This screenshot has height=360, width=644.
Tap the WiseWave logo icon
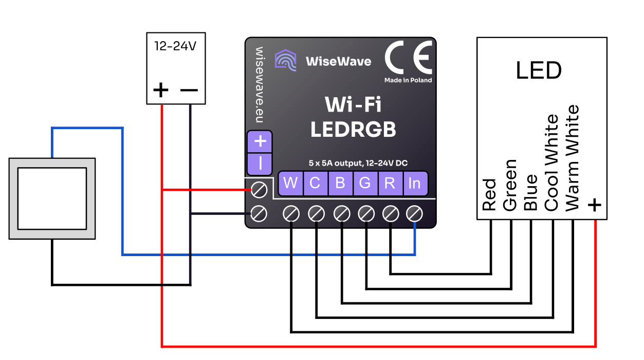click(x=285, y=60)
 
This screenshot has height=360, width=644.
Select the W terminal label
click(x=290, y=183)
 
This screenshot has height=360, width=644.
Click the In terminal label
click(x=415, y=183)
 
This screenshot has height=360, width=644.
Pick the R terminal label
click(x=390, y=183)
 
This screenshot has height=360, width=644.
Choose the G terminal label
click(x=365, y=183)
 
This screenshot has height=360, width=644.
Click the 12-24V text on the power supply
click(x=175, y=46)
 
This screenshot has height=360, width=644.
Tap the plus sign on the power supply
click(x=161, y=91)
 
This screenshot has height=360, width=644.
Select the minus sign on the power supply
click(x=189, y=91)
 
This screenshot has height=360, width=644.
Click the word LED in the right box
click(x=539, y=71)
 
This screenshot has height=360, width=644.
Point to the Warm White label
click(x=572, y=158)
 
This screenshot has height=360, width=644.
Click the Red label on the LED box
click(x=489, y=194)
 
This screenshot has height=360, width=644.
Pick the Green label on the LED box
click(x=510, y=185)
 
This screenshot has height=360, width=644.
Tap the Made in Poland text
click(x=408, y=80)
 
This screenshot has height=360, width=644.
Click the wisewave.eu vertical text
click(x=260, y=85)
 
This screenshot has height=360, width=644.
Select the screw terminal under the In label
click(x=415, y=213)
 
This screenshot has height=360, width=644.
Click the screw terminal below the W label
click(x=291, y=213)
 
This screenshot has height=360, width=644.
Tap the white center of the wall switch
click(x=52, y=199)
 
